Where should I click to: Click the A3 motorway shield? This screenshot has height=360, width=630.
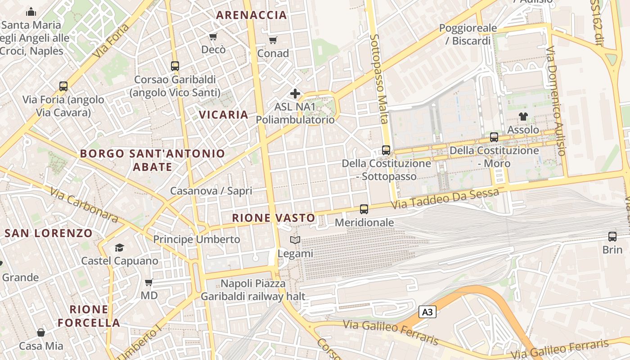427,312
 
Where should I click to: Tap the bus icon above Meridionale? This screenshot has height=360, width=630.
364,209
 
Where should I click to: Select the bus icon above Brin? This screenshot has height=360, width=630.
612,237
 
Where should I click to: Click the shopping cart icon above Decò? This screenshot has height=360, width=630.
213,36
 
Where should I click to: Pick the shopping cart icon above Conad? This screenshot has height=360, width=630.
273,40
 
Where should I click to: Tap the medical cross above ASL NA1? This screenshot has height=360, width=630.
295,94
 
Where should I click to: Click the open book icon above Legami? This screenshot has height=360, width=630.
295,240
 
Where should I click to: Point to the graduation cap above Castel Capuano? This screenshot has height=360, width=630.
119,247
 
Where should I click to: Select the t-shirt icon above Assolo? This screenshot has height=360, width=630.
523,117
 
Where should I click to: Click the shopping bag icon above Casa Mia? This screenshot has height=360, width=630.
41,333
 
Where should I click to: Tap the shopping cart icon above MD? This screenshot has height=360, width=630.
149,283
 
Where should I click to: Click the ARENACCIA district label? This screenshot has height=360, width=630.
251,15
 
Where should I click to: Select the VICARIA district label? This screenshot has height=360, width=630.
224,115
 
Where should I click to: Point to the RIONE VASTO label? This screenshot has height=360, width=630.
274,218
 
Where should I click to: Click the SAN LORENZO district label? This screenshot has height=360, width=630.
49,233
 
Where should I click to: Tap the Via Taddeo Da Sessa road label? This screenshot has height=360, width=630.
445,198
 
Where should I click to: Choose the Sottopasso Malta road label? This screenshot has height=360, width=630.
379,79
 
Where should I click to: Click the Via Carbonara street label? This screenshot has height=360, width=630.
84,205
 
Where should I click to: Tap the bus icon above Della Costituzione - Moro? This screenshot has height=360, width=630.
494,137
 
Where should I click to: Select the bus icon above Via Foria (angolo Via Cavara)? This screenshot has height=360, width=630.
63,86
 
